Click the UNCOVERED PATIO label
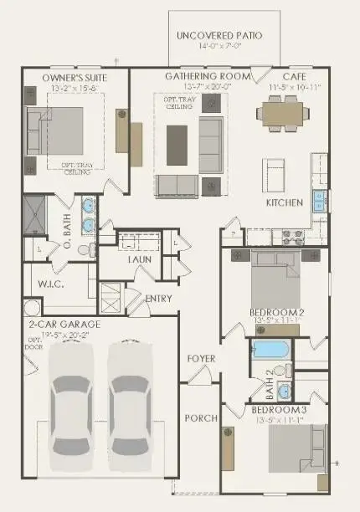click(219, 35)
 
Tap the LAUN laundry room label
click(139, 259)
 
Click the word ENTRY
click(158, 299)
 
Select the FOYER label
click(201, 359)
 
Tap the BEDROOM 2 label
click(276, 313)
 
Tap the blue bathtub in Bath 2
click(270, 350)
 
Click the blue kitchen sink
click(319, 201)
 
